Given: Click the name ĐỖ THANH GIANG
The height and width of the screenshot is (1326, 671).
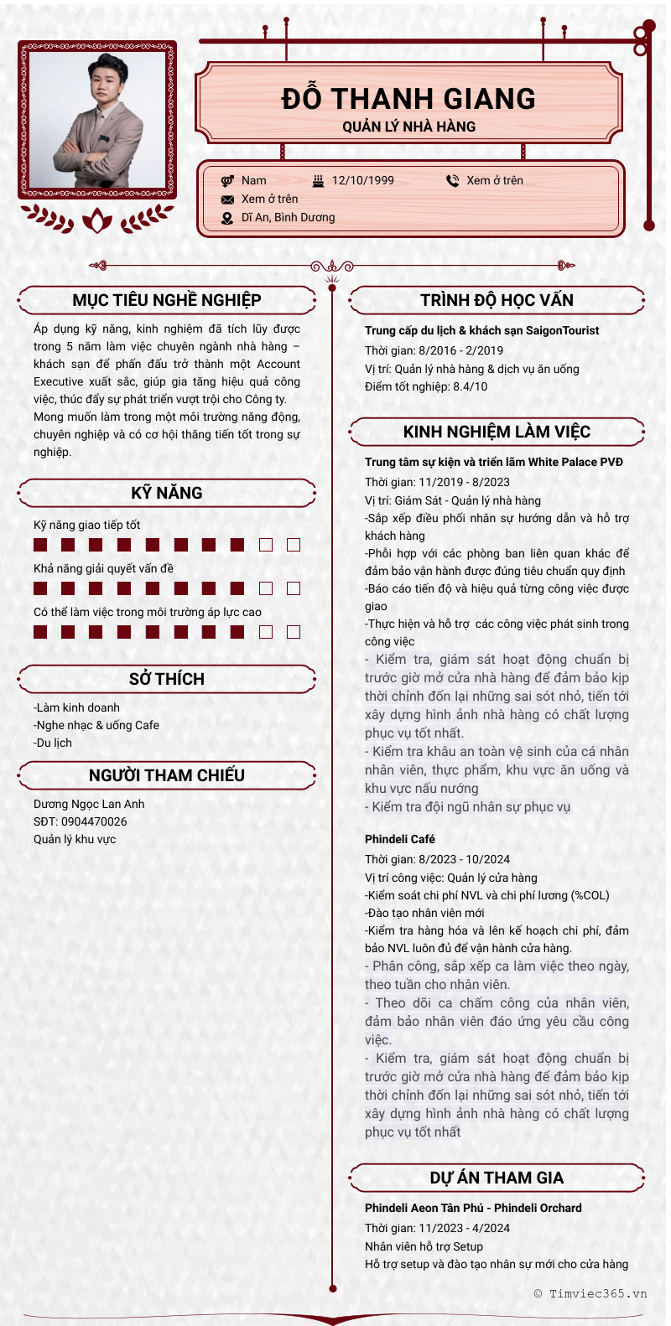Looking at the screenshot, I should tap(408, 99).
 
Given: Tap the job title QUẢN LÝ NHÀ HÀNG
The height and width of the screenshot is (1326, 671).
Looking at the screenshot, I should tap(408, 127).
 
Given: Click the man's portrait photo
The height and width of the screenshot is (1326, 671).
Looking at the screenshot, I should tap(97, 121).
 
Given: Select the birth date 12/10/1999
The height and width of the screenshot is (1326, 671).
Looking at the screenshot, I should tap(362, 180).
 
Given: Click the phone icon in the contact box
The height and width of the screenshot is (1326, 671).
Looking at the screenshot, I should tap(452, 180).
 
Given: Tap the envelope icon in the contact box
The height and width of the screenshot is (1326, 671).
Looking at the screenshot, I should tap(227, 199).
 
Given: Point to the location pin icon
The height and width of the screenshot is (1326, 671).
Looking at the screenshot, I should tap(227, 218).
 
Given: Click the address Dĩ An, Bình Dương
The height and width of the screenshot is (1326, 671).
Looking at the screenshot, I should tap(288, 218).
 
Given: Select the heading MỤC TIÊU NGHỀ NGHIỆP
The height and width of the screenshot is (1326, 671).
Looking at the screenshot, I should tap(167, 300).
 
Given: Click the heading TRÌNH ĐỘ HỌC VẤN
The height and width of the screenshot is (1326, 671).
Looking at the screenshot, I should tap(497, 300).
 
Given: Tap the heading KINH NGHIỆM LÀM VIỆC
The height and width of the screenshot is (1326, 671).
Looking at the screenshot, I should tap(497, 432).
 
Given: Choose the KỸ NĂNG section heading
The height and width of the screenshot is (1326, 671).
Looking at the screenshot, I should tap(167, 493).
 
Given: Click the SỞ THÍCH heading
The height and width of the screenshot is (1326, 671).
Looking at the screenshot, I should tap(167, 679).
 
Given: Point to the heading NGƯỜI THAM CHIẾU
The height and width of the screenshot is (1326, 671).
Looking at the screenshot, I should tap(167, 775).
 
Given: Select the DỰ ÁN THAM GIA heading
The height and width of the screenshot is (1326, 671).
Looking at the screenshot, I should tap(497, 1178).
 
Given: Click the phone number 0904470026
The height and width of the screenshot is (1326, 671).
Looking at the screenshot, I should tap(94, 821).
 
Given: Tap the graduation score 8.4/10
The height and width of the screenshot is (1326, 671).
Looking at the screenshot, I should tap(470, 386).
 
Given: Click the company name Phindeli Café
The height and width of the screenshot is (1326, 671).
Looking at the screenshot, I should tap(400, 839).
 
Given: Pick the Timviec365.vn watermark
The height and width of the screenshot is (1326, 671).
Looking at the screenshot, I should tap(590, 1293).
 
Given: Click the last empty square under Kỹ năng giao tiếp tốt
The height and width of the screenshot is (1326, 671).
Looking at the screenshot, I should tap(294, 545).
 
